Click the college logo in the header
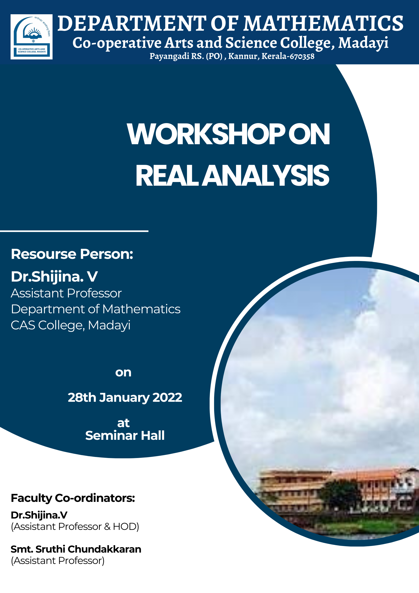point(31,37)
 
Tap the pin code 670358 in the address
point(302,56)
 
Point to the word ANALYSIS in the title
point(267,175)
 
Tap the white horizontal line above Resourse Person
point(74,231)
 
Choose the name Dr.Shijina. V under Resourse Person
point(54,277)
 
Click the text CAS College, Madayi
point(70,325)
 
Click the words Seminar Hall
point(125,435)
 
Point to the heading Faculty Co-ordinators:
point(73,498)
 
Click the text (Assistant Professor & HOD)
point(75,527)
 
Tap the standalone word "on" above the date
point(123,373)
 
